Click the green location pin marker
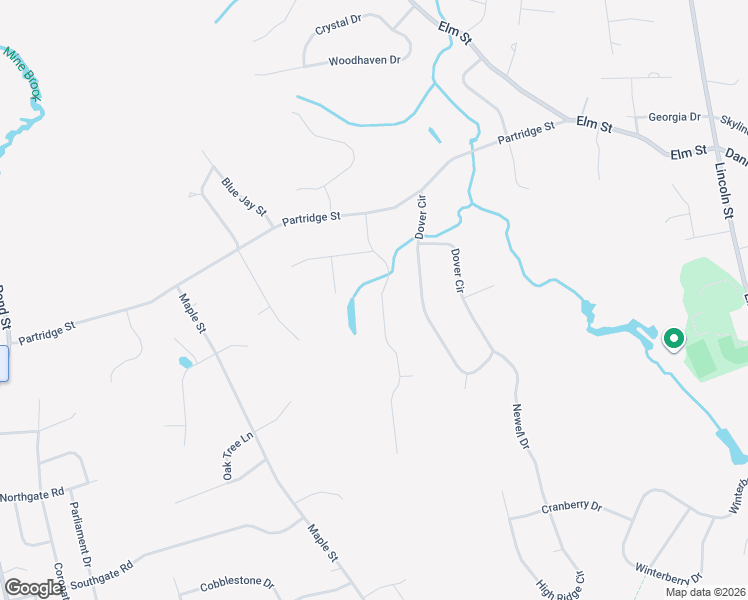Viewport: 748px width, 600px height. tap(673, 340)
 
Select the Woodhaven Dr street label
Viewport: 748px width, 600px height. tap(364, 61)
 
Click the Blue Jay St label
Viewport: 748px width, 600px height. tap(244, 197)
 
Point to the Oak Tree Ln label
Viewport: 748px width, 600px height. tap(238, 455)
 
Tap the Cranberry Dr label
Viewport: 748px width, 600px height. tap(571, 507)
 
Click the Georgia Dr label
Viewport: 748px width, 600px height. tap(674, 117)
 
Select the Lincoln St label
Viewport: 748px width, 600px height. tap(723, 190)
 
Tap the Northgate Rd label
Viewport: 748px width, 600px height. tap(32, 495)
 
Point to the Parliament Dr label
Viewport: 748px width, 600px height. tap(80, 531)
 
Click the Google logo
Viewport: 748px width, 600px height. tap(33, 588)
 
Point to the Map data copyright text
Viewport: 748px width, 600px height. tap(705, 592)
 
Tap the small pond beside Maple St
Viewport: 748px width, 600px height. tap(185, 362)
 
